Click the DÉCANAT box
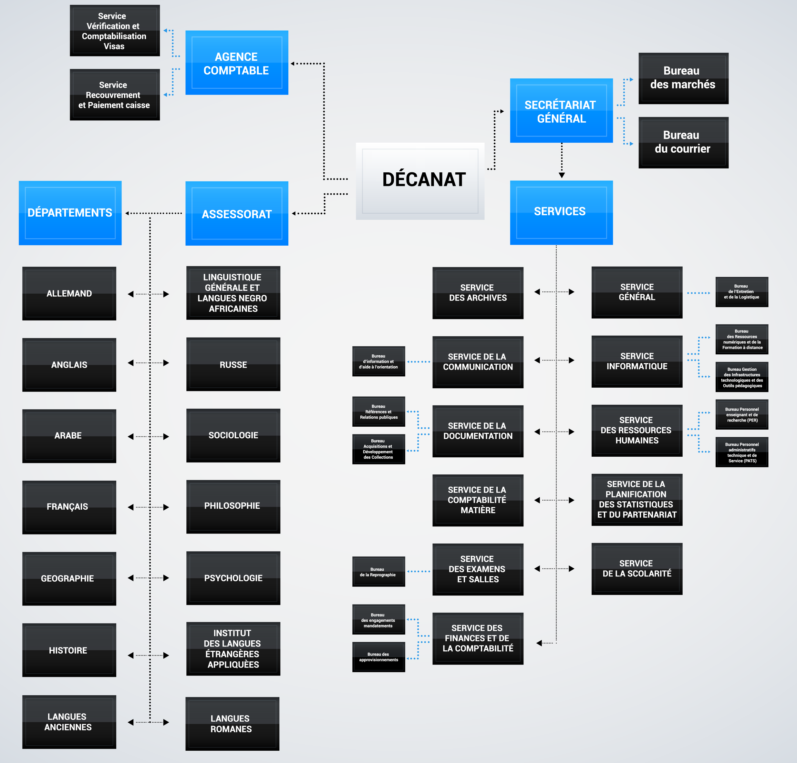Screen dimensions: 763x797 pos(420,181)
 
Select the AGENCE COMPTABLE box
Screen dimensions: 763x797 pos(237,63)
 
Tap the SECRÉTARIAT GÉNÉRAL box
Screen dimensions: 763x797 pos(561,111)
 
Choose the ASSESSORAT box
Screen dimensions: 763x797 pos(237,213)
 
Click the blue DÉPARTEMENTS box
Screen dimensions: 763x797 pos(70,213)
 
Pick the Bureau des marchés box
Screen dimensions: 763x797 pos(683,78)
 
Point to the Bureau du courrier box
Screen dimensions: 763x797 pos(683,142)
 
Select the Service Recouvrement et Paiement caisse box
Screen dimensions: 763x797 pos(115,95)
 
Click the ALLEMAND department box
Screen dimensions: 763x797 pos(69,293)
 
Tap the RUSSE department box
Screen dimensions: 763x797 pos(233,364)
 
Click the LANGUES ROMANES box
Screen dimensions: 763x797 pos(232,724)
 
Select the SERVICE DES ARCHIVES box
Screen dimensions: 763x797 pos(478,293)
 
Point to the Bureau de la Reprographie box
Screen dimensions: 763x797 pos(378,572)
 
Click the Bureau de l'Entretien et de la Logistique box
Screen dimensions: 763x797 pos(742,292)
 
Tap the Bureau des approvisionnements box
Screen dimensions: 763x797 pos(378,657)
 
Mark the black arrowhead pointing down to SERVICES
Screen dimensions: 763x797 pos(562,175)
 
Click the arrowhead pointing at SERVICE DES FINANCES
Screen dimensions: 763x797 pos(539,643)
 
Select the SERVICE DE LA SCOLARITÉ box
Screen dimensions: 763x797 pos(637,568)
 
